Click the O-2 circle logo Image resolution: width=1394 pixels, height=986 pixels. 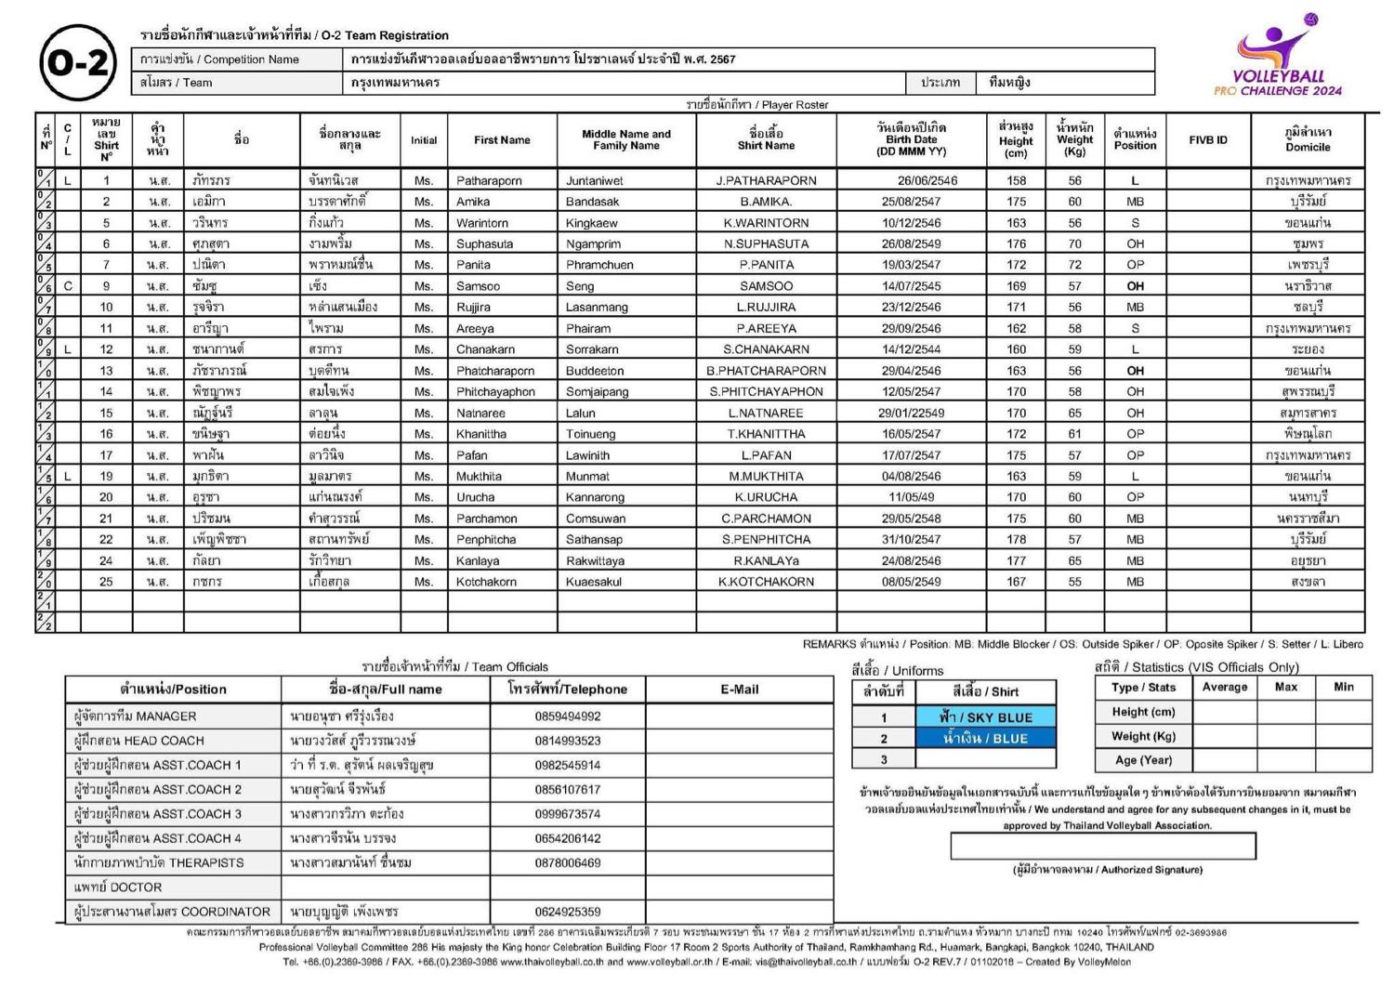point(78,62)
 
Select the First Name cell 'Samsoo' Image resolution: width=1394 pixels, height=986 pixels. point(479,286)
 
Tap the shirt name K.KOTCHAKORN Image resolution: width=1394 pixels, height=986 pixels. point(766,582)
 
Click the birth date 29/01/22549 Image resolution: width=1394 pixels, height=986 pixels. point(912,413)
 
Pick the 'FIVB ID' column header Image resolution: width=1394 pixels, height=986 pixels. point(1207,140)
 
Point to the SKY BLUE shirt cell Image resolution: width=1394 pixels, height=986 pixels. point(985,717)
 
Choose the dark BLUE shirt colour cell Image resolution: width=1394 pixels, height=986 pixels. point(985,739)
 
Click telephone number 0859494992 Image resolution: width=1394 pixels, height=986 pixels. point(567,716)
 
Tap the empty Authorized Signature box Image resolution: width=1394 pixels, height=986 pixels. point(1102,846)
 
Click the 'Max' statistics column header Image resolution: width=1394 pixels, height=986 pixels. point(1286,687)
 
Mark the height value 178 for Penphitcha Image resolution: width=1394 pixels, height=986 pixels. point(1016,539)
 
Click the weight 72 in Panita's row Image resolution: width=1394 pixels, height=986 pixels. point(1074,265)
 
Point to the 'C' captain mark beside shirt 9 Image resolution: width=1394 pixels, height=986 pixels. point(68,286)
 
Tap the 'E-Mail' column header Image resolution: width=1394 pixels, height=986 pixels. point(739,690)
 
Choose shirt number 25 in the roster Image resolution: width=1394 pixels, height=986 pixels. point(106,582)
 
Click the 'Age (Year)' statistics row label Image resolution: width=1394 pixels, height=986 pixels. point(1143,759)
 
